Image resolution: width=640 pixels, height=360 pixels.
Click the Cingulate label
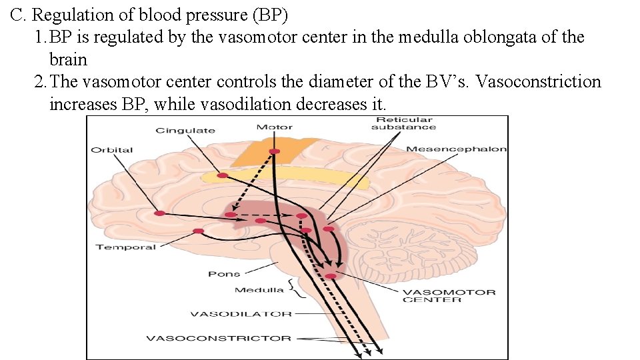click(185, 131)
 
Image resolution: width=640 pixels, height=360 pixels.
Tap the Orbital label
click(112, 150)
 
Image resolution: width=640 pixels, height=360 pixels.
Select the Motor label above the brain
click(274, 127)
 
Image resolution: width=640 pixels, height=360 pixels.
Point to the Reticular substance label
click(404, 123)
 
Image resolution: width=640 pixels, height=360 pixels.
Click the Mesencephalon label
click(456, 149)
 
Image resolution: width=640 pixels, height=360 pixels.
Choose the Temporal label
click(126, 247)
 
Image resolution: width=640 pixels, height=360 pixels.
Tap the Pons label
click(224, 274)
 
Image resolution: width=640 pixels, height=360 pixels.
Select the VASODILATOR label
click(241, 314)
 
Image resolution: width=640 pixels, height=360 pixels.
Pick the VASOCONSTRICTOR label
click(219, 339)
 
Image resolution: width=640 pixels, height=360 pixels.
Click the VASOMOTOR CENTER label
click(449, 296)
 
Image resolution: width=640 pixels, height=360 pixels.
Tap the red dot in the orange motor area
click(274, 151)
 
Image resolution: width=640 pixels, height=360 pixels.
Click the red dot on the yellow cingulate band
click(223, 175)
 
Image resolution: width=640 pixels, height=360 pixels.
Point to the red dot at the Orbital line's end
click(159, 213)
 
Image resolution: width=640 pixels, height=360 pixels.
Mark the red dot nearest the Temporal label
click(199, 231)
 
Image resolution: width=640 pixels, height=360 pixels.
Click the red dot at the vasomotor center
click(331, 276)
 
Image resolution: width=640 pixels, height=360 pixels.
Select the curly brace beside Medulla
click(296, 289)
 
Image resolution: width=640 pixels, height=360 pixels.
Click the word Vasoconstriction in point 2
click(539, 81)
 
